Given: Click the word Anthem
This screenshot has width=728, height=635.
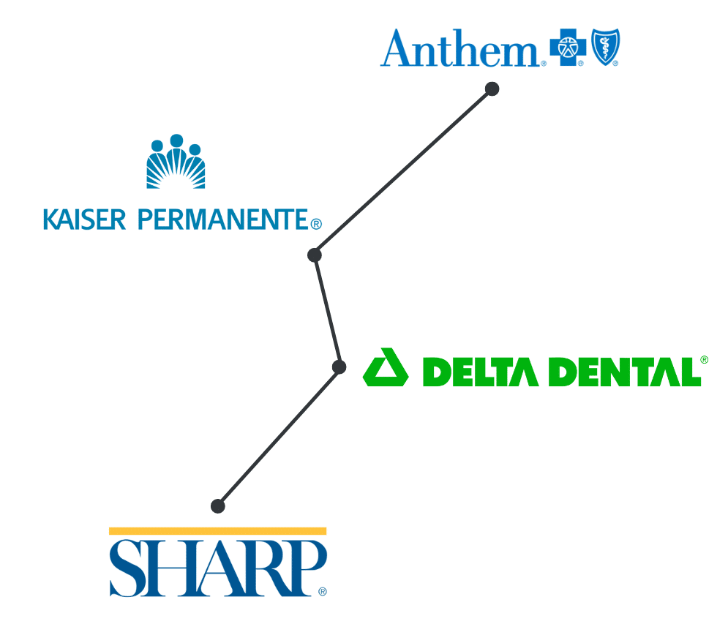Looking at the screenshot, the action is (x=459, y=48).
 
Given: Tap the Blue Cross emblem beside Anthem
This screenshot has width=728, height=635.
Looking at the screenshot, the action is (x=568, y=48).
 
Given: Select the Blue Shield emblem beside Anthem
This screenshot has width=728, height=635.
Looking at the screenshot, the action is (x=605, y=47).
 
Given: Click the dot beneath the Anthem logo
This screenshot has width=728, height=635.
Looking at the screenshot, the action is (x=492, y=89).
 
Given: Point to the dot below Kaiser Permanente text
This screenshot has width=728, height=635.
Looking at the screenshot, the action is (x=315, y=255).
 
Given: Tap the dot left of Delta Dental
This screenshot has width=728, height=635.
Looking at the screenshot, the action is (x=339, y=367).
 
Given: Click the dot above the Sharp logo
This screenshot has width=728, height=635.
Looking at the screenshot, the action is (x=218, y=506).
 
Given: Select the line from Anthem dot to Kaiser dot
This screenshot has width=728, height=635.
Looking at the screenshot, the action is (x=403, y=172).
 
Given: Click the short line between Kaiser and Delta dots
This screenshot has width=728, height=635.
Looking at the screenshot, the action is (x=327, y=311).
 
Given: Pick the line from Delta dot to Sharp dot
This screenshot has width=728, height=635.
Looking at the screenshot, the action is (x=279, y=436).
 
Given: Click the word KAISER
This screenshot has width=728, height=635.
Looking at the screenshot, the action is (x=84, y=219).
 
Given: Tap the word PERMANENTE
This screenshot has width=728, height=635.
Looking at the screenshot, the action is (x=223, y=219).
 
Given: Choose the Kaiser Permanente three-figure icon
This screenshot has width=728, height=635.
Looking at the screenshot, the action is (x=176, y=162).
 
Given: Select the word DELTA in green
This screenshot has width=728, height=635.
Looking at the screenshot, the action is (x=481, y=372).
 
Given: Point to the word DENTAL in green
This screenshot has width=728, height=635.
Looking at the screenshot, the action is (x=625, y=372).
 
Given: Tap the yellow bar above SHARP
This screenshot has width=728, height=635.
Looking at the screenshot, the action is (x=218, y=531).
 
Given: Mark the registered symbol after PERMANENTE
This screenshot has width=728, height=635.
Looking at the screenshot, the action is (x=316, y=225).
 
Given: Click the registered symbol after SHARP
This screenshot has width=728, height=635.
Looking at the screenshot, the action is (x=323, y=591).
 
